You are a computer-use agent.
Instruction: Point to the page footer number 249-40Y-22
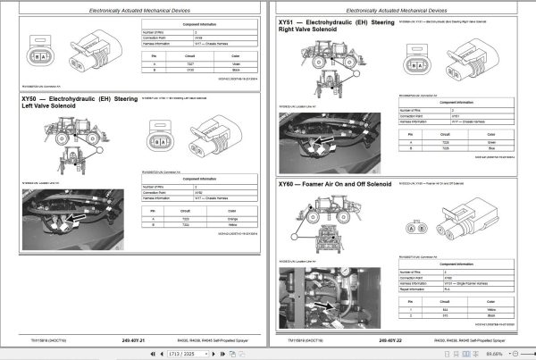[x=394, y=339]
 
